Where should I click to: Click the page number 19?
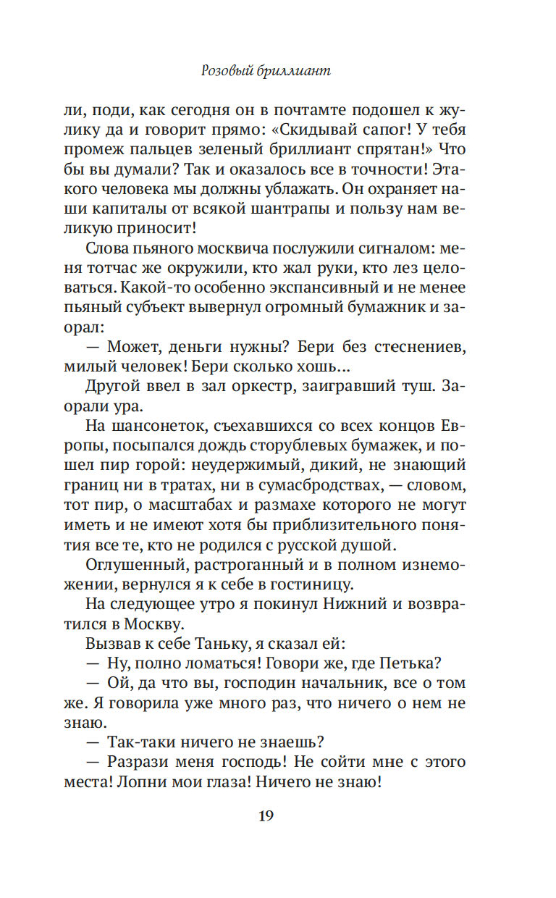coord(265,815)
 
